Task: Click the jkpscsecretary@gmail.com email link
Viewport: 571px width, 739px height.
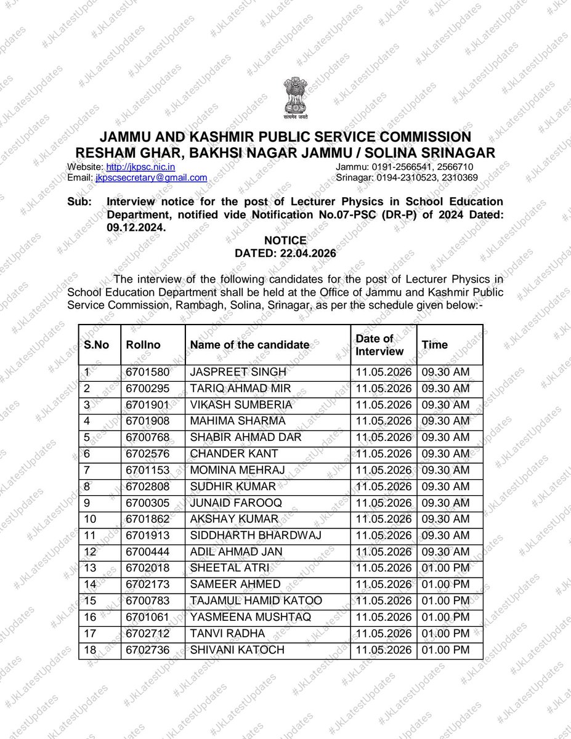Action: point(150,177)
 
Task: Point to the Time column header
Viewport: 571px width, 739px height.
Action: point(435,345)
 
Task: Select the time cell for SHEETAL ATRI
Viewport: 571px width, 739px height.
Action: point(445,567)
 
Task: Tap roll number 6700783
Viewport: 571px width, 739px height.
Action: point(145,600)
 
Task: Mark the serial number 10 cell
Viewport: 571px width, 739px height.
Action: point(90,519)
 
